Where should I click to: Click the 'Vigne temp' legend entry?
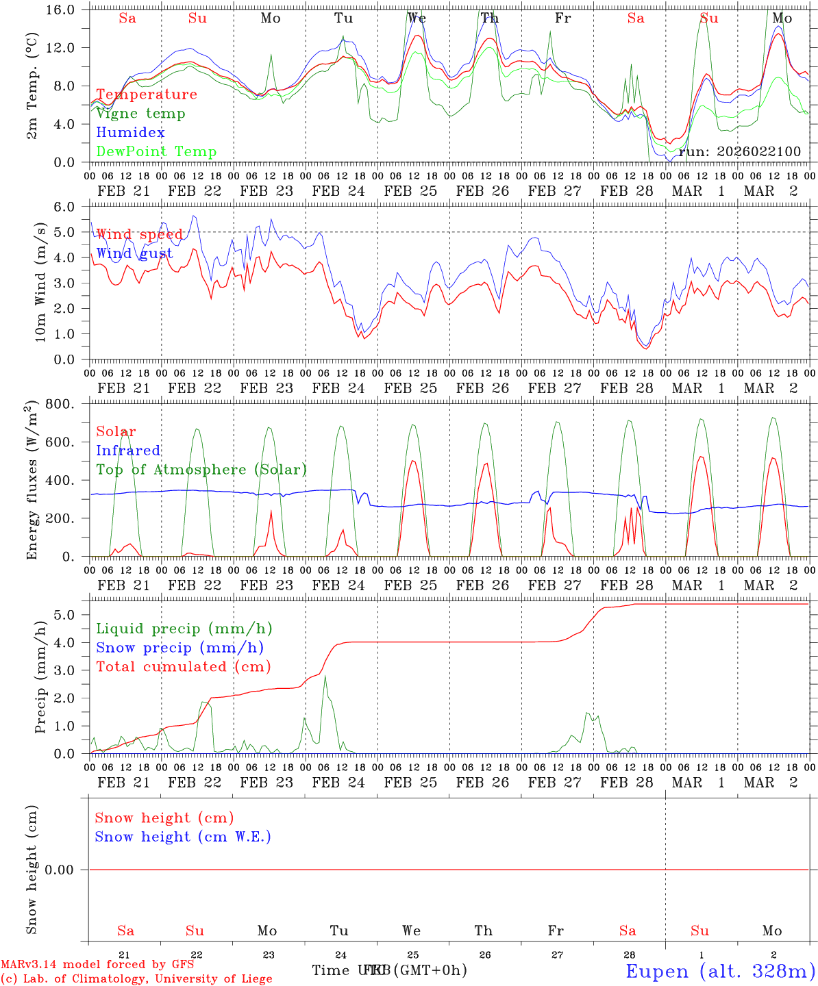[x=140, y=114]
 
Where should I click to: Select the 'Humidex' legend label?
[x=130, y=133]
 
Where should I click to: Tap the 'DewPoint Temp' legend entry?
[x=156, y=152]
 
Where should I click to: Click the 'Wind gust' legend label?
[x=134, y=254]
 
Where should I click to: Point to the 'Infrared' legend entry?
[x=128, y=451]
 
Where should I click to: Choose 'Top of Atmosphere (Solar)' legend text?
[x=201, y=470]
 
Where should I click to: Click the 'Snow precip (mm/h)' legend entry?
[x=179, y=648]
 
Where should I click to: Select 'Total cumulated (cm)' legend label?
[x=183, y=667]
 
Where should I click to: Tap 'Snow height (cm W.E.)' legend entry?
[x=183, y=837]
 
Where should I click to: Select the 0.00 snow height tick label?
[x=69, y=870]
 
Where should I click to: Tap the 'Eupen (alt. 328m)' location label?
[x=720, y=971]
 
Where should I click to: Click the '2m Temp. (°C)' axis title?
[x=32, y=96]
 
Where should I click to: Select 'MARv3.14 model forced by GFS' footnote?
[x=97, y=965]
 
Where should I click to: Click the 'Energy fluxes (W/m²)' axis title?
[x=32, y=481]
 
